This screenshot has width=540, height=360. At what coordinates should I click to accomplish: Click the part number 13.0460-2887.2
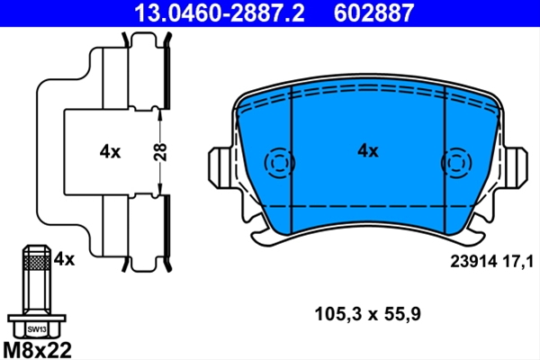pyautogui.click(x=219, y=13)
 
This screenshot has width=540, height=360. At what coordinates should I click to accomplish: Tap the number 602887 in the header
pyautogui.click(x=373, y=13)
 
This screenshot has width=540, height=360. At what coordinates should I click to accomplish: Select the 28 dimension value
pyautogui.click(x=160, y=152)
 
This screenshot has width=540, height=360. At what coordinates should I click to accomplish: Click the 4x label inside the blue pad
pyautogui.click(x=368, y=151)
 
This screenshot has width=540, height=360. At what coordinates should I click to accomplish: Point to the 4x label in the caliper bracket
pyautogui.click(x=110, y=151)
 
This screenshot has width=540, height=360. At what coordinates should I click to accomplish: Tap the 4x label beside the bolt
pyautogui.click(x=64, y=258)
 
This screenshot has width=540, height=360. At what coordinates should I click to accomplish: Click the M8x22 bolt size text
pyautogui.click(x=37, y=350)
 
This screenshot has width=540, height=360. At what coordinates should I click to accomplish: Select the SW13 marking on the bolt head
pyautogui.click(x=37, y=329)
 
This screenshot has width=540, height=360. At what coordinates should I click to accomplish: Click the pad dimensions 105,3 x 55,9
pyautogui.click(x=367, y=314)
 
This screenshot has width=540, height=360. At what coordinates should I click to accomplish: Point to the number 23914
pyautogui.click(x=474, y=262)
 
